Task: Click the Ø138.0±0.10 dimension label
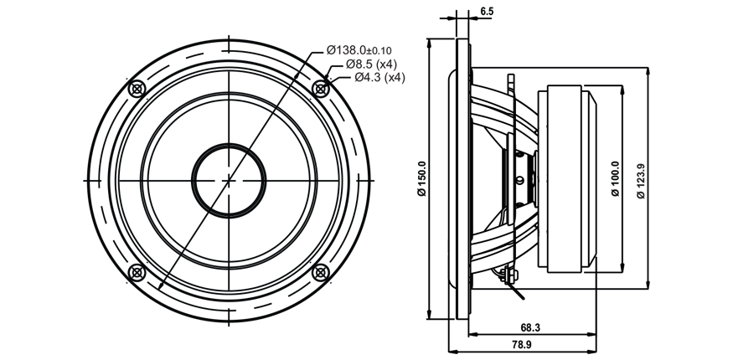359,50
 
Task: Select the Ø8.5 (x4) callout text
372,64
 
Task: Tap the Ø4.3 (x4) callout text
379,78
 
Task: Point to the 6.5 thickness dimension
487,11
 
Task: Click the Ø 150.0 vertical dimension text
422,179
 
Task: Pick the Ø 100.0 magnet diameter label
616,179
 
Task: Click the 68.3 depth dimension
530,328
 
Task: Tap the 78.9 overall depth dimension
521,345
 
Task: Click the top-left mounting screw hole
137,88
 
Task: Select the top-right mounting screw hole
321,88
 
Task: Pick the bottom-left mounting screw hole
137,273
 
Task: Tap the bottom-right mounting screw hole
321,273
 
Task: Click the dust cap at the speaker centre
229,181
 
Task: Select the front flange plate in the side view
462,179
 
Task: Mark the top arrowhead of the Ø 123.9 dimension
648,72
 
